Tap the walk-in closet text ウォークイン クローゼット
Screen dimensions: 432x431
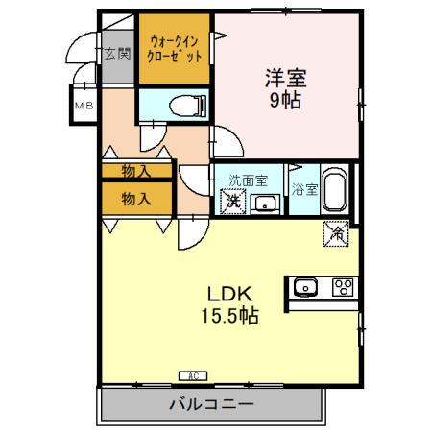pyautogui.click(x=174, y=48)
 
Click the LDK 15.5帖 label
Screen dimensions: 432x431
pyautogui.click(x=227, y=303)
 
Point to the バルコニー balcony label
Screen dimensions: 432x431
pyautogui.click(x=213, y=404)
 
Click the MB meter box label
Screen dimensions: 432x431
pyautogui.click(x=84, y=106)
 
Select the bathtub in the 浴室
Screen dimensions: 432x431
pyautogui.click(x=333, y=191)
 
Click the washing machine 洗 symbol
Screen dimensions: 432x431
pyautogui.click(x=231, y=202)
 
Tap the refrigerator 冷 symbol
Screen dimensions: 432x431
pyautogui.click(x=336, y=232)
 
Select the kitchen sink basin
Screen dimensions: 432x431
pyautogui.click(x=306, y=286)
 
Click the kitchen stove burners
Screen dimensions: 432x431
pyautogui.click(x=342, y=286)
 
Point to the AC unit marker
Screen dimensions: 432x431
pyautogui.click(x=189, y=375)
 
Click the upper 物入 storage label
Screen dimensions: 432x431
pyautogui.click(x=136, y=171)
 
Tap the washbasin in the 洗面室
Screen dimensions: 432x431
pyautogui.click(x=264, y=203)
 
